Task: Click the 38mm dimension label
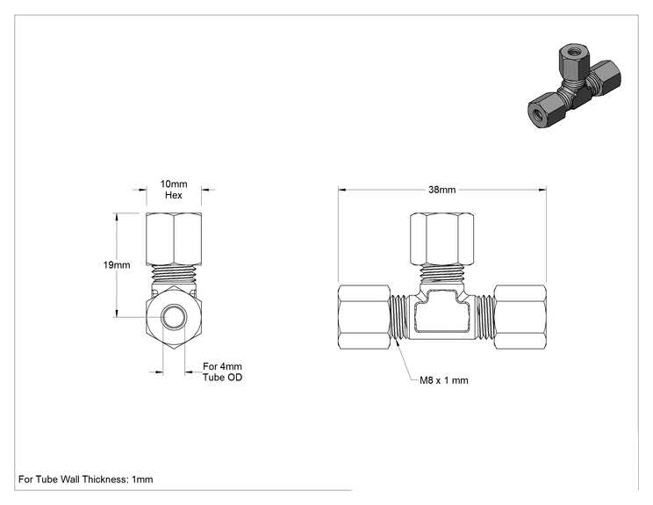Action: click(x=441, y=190)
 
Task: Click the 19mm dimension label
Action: click(x=117, y=265)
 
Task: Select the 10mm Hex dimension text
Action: click(x=174, y=190)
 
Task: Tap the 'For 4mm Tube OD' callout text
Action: click(x=222, y=372)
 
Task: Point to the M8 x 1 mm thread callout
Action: click(x=444, y=380)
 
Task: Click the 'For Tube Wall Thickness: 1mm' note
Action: click(x=86, y=480)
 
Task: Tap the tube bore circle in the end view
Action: click(x=174, y=318)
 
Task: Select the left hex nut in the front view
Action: click(x=364, y=317)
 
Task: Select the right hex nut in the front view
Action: click(x=520, y=317)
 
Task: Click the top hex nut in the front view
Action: click(x=441, y=239)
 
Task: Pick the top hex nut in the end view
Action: click(x=174, y=239)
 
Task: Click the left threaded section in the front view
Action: click(x=399, y=317)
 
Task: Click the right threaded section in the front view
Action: click(x=484, y=317)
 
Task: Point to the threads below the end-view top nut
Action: click(x=174, y=275)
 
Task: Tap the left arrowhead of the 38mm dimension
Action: click(x=341, y=190)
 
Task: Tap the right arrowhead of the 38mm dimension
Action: click(x=542, y=190)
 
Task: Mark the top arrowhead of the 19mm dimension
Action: click(x=117, y=217)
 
